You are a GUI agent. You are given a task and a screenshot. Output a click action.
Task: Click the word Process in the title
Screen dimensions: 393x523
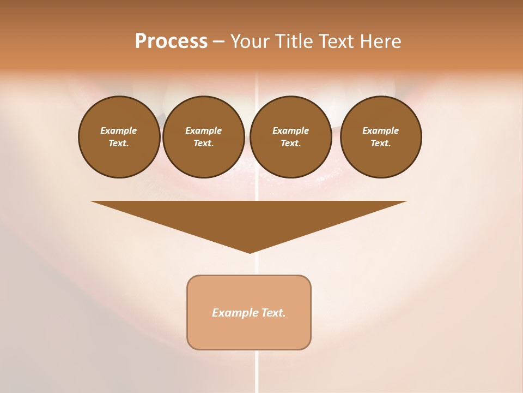coord(171,41)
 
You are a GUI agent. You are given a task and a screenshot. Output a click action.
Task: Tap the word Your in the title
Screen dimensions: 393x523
coord(251,41)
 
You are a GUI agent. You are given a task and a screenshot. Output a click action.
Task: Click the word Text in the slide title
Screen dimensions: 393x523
coord(336,41)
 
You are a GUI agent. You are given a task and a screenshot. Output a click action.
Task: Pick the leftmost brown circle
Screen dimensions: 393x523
coord(119,137)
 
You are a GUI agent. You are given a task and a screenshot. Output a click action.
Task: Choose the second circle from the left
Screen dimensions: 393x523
coord(204,137)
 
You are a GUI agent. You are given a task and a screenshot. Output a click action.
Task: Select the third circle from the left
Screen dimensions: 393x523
coord(291,137)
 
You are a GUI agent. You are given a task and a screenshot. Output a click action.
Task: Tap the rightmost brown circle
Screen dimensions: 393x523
coord(381,137)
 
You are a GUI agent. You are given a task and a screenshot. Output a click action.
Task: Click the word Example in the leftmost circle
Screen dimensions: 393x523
coord(119,130)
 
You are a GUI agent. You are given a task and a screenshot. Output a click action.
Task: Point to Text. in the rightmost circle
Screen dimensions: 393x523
coord(381,144)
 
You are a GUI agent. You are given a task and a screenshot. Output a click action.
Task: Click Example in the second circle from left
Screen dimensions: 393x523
coord(204,130)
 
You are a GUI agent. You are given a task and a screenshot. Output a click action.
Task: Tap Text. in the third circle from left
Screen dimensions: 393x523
coord(291,144)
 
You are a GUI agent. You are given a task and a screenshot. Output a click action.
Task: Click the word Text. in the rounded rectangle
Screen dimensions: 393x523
coord(273,313)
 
